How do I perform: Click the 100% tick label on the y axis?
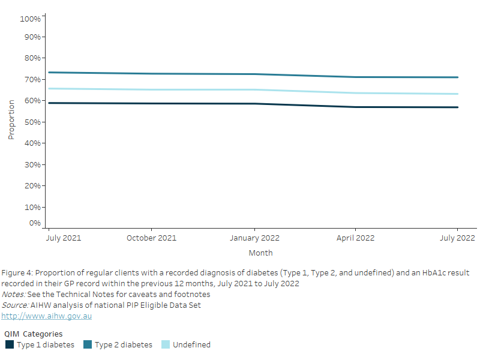pyautogui.click(x=30, y=19)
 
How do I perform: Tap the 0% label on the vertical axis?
pyautogui.click(x=35, y=223)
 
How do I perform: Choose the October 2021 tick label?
pyautogui.click(x=151, y=238)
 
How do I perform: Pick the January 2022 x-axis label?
pyautogui.click(x=254, y=238)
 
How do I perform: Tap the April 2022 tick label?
pyautogui.click(x=355, y=238)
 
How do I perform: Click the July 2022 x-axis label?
pyautogui.click(x=458, y=238)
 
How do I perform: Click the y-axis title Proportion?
pyautogui.click(x=11, y=119)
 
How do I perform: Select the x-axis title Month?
pyautogui.click(x=260, y=253)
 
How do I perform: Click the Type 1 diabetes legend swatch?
pyautogui.click(x=10, y=344)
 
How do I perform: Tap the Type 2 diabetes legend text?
pyautogui.click(x=123, y=344)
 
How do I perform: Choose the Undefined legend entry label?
pyautogui.click(x=191, y=344)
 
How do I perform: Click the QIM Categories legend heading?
pyautogui.click(x=33, y=334)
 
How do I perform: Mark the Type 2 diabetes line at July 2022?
pyautogui.click(x=458, y=77)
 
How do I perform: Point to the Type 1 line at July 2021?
pyautogui.click(x=49, y=103)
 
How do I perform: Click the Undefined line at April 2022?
pyautogui.click(x=355, y=93)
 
